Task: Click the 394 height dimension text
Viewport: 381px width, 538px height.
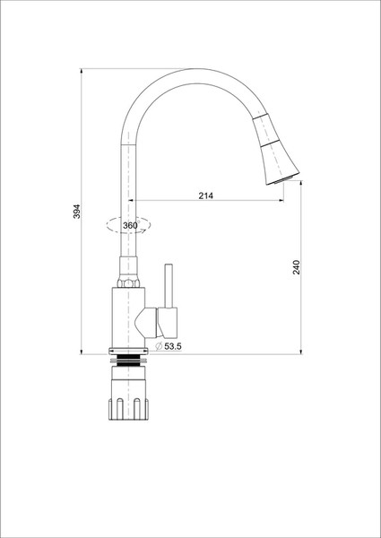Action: coord(77,211)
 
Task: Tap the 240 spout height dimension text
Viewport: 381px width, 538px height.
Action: coord(297,266)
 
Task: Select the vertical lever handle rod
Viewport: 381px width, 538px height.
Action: coord(168,287)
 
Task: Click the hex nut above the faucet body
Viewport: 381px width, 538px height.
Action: coord(127,282)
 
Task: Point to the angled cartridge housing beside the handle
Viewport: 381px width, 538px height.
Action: coord(147,317)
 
